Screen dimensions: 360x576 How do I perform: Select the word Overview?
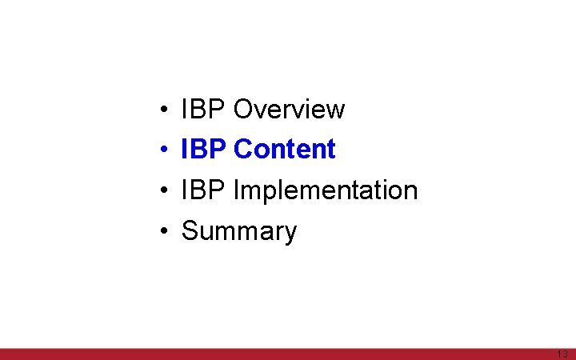289,109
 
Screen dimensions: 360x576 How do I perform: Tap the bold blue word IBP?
205,150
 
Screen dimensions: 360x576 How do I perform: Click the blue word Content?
285,150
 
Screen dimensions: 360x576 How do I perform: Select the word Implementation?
326,190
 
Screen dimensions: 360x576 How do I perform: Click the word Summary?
239,231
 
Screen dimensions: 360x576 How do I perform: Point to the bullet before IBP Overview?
162,110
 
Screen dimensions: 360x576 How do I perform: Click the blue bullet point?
162,150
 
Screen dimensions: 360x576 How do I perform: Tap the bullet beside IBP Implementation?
162,191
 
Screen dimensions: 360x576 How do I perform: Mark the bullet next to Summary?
162,232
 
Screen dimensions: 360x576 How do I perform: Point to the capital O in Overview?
243,109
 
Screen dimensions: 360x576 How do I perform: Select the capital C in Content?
243,150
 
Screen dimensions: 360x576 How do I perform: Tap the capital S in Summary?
190,231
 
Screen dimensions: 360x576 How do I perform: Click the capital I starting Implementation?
236,190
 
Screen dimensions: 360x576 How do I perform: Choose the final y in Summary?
290,234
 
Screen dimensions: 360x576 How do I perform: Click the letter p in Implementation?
265,193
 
